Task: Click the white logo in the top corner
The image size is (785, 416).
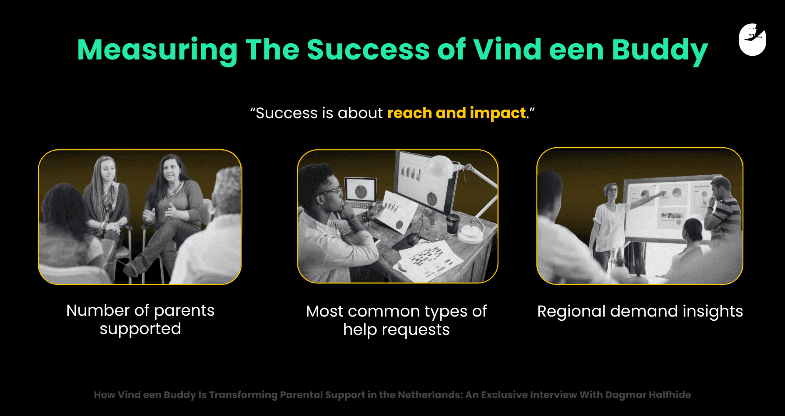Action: pyautogui.click(x=752, y=40)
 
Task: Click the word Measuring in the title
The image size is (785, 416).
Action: pyautogui.click(x=157, y=50)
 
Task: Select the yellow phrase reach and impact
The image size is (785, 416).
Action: pyautogui.click(x=456, y=113)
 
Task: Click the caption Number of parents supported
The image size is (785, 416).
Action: pyautogui.click(x=140, y=319)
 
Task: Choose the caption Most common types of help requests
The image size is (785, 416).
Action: pyautogui.click(x=396, y=320)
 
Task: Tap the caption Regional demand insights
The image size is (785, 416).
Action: pyautogui.click(x=640, y=311)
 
